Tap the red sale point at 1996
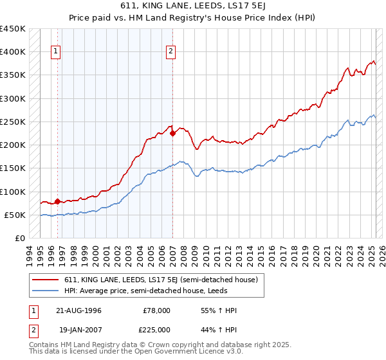[x=57, y=201]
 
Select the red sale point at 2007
[x=172, y=134]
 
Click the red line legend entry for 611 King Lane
[x=161, y=280]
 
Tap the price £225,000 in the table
[x=156, y=330]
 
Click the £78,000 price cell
[x=156, y=310]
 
